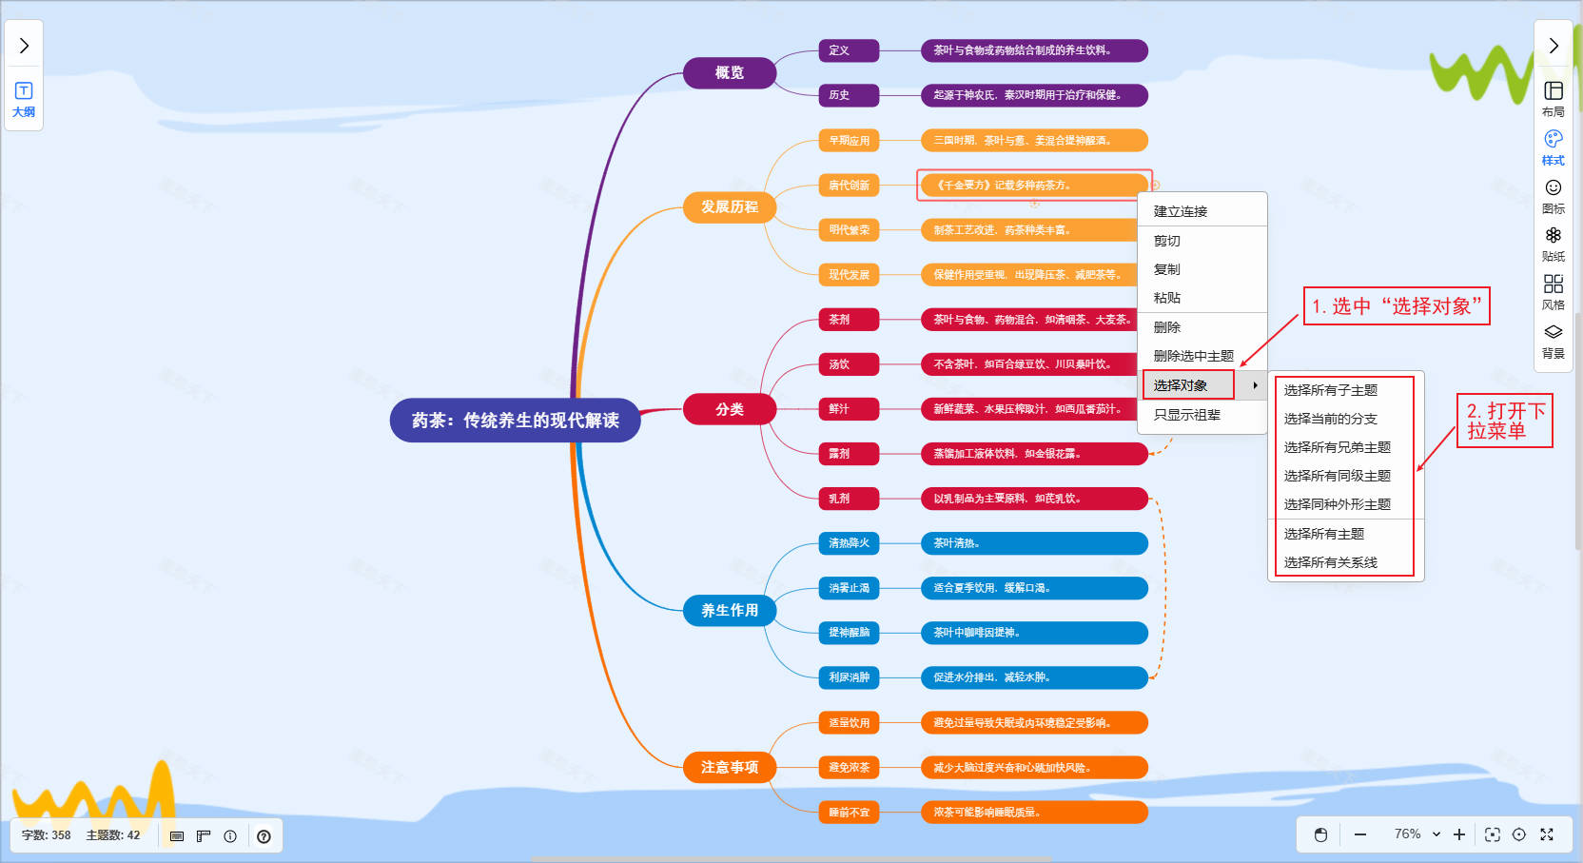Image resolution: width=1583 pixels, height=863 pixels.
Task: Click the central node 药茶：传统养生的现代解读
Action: point(515,421)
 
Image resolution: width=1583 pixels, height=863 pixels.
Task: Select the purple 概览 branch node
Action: point(729,72)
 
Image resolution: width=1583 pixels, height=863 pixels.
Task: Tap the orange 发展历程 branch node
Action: point(729,206)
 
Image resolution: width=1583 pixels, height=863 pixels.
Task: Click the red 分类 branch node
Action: point(729,409)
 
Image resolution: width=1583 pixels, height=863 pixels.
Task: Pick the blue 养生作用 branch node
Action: point(729,610)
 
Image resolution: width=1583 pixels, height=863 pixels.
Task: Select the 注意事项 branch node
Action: point(729,767)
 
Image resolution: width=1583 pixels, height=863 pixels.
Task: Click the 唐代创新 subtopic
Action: point(849,186)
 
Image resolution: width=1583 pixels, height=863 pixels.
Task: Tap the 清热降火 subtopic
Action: point(849,543)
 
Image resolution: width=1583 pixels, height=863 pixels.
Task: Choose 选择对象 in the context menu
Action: point(1181,385)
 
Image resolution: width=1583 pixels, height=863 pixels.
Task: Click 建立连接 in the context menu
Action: point(1181,211)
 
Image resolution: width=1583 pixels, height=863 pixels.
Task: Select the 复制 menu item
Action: point(1167,269)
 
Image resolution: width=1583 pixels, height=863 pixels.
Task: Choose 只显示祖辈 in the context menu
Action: point(1187,415)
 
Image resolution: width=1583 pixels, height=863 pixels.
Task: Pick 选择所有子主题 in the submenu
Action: point(1330,390)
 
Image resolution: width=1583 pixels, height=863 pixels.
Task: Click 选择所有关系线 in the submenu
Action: point(1330,562)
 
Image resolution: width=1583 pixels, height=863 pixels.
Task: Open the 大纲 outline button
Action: point(24,99)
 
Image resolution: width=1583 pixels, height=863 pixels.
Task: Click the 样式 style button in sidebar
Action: point(1553,147)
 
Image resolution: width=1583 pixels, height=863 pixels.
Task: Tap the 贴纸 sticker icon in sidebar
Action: point(1553,243)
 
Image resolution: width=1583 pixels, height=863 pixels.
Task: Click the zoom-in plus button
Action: point(1459,834)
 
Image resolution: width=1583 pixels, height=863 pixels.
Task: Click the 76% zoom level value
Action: point(1408,834)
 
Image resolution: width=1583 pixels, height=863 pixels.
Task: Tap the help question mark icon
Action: point(264,836)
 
